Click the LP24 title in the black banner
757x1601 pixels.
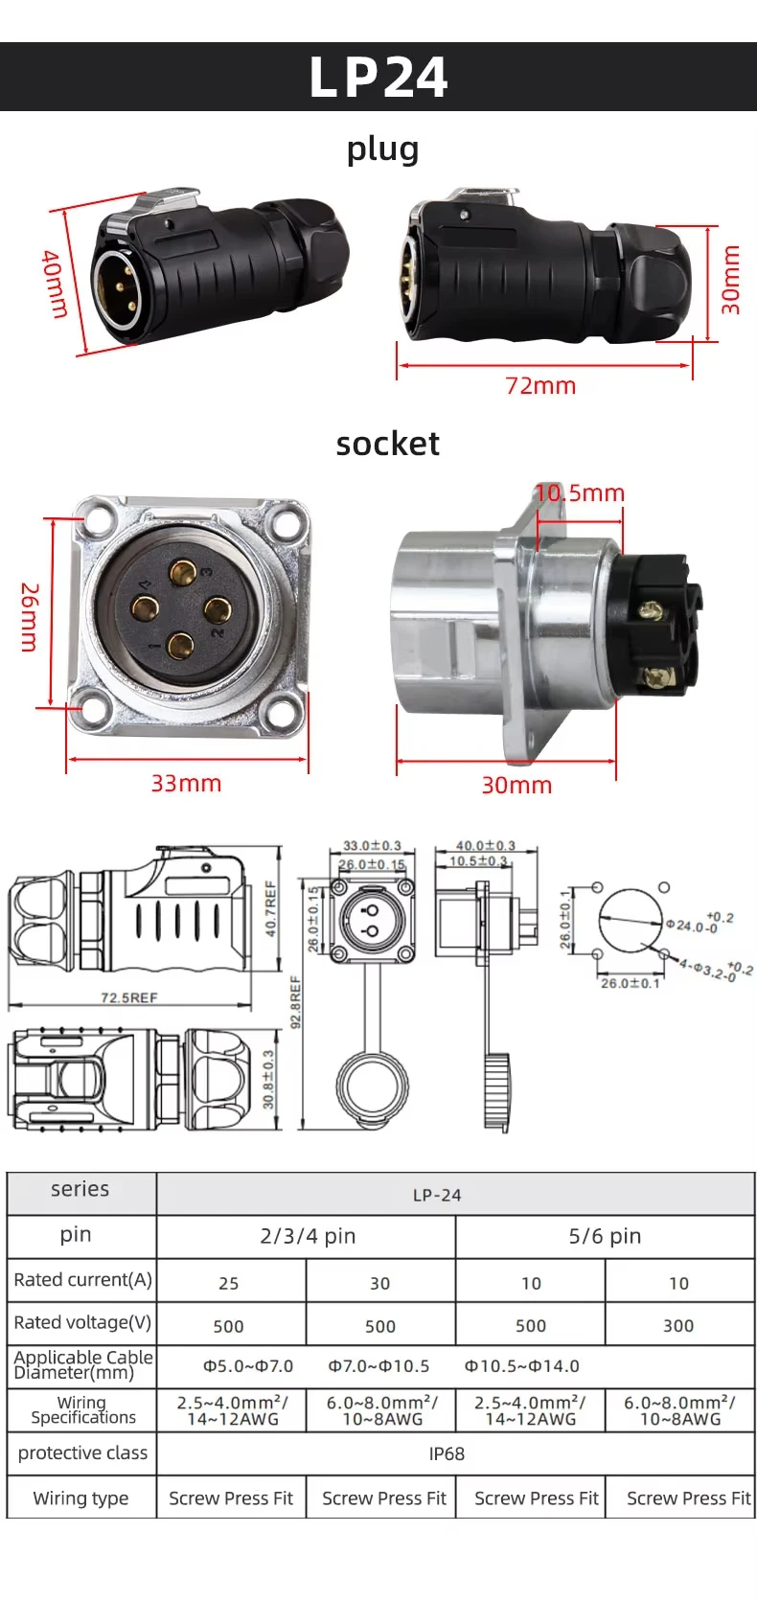click(378, 78)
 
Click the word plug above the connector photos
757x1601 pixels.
click(382, 149)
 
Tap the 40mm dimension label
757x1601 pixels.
click(55, 285)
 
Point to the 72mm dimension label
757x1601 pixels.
click(540, 386)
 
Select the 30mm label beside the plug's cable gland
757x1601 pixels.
click(731, 280)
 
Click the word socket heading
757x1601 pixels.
click(387, 444)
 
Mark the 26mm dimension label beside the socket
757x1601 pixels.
click(30, 617)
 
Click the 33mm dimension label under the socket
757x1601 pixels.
click(186, 784)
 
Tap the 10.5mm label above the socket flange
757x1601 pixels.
click(580, 493)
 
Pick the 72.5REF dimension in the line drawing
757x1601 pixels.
click(128, 997)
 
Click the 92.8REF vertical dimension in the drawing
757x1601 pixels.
click(296, 1001)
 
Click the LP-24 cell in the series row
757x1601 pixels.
click(437, 1196)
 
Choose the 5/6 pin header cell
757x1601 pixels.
click(605, 1236)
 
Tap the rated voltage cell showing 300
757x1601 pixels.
click(678, 1326)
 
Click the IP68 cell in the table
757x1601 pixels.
click(447, 1453)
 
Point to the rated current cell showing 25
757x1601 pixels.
click(229, 1284)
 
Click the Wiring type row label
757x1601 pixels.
click(80, 1498)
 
